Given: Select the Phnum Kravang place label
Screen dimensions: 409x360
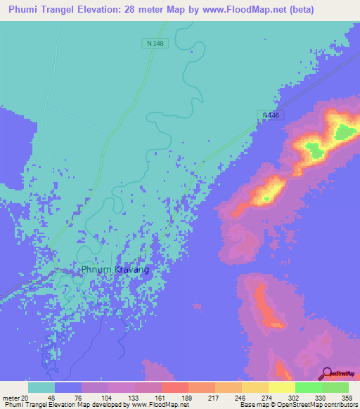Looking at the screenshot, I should (x=115, y=269).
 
